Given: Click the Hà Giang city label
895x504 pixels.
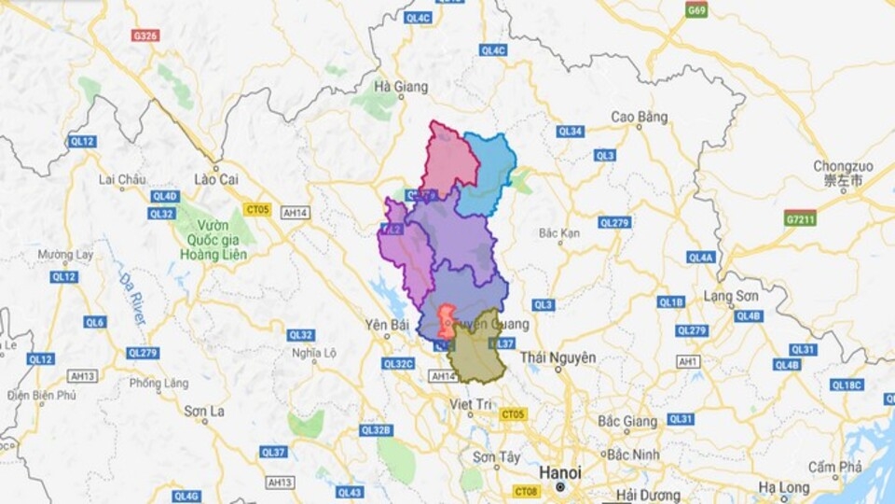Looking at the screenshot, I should pyautogui.click(x=400, y=87).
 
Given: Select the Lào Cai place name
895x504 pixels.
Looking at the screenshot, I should pyautogui.click(x=215, y=178).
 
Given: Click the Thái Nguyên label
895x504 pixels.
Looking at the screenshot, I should pyautogui.click(x=558, y=357).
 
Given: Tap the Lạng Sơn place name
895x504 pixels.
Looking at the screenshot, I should pyautogui.click(x=731, y=297).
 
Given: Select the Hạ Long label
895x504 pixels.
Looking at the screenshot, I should pyautogui.click(x=782, y=487).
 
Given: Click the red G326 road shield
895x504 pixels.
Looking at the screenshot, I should pyautogui.click(x=145, y=35).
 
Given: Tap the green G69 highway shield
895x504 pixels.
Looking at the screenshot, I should pyautogui.click(x=696, y=10).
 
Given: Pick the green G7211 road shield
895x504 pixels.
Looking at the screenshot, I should pyautogui.click(x=800, y=217).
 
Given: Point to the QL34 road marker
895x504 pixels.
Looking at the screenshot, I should pyautogui.click(x=570, y=132).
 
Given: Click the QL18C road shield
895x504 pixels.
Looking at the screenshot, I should pyautogui.click(x=847, y=385).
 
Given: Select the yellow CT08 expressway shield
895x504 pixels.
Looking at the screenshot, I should pyautogui.click(x=526, y=491).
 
